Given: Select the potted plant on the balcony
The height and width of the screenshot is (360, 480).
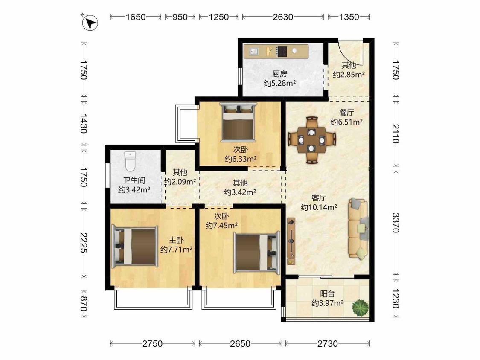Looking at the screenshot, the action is pyautogui.click(x=360, y=308).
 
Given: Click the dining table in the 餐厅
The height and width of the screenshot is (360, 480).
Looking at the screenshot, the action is pyautogui.click(x=311, y=140).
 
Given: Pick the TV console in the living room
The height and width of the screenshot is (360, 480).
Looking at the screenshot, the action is pyautogui.click(x=291, y=241).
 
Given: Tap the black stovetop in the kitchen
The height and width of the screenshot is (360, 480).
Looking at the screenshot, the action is pyautogui.click(x=282, y=52).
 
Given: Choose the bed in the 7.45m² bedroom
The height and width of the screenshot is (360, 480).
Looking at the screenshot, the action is pyautogui.click(x=257, y=252).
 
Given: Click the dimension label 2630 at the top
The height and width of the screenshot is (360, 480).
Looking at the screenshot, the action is pyautogui.click(x=283, y=17).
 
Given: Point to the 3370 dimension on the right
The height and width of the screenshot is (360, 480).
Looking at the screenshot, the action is pyautogui.click(x=396, y=223).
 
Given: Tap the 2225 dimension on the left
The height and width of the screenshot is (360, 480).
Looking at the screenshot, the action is pyautogui.click(x=84, y=243).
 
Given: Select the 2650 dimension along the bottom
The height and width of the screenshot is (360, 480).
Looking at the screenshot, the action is pyautogui.click(x=240, y=344).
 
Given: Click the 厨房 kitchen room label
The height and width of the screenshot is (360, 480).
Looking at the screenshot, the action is pyautogui.click(x=280, y=74).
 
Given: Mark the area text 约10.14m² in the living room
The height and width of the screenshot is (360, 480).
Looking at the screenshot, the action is pyautogui.click(x=319, y=207).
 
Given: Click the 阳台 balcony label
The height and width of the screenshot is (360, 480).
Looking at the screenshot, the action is pyautogui.click(x=328, y=294).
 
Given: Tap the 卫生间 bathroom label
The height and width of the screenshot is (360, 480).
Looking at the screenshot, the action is pyautogui.click(x=134, y=180).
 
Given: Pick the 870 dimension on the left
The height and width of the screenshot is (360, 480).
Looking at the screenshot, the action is pyautogui.click(x=84, y=303).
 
